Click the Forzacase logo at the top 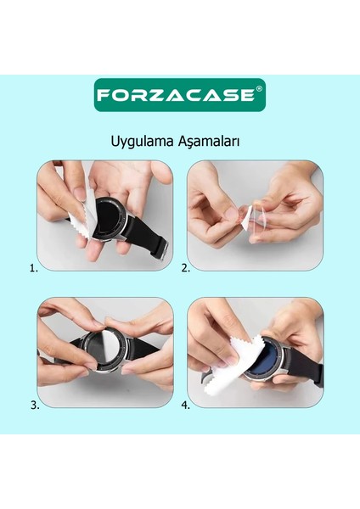[179, 94]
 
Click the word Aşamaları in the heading [207, 141]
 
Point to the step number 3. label [34, 405]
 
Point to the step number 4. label [185, 405]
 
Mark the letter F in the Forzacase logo [103, 94]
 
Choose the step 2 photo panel [256, 215]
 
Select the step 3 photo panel [105, 353]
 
